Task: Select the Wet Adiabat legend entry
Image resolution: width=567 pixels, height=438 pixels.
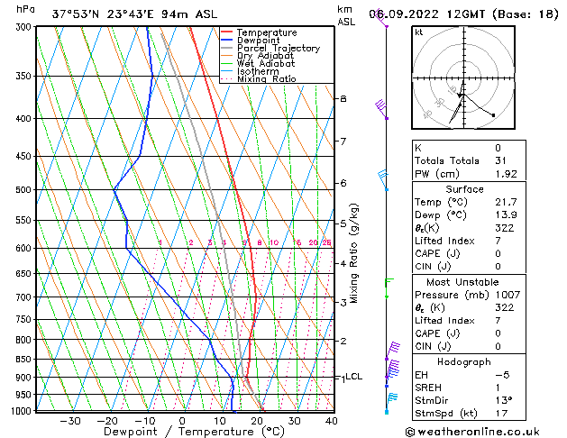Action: (x=265, y=63)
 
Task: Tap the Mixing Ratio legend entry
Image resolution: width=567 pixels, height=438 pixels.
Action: (x=266, y=78)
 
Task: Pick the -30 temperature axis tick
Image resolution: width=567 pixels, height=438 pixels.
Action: (x=70, y=420)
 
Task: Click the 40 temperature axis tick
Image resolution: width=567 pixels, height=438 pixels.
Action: (x=331, y=420)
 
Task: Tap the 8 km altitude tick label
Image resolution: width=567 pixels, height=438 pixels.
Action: (x=343, y=98)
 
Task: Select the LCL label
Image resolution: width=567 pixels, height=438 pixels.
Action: (x=353, y=377)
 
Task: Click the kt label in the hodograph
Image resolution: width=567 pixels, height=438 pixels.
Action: (x=419, y=32)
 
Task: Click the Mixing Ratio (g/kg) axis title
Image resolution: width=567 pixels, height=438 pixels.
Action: (x=354, y=253)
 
